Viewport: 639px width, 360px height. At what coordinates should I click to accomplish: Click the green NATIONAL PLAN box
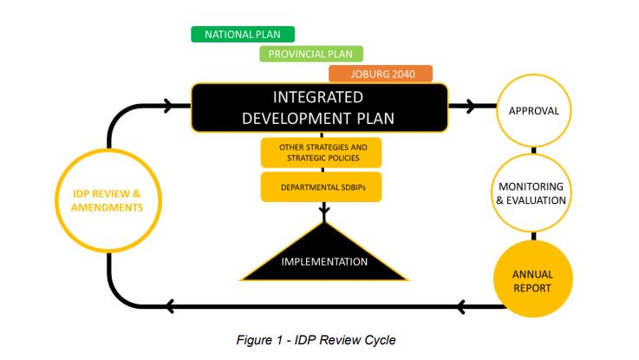coord(243,35)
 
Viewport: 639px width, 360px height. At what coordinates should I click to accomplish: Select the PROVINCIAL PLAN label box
coord(311,54)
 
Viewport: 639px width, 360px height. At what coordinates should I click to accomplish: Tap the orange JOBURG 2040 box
coord(381,74)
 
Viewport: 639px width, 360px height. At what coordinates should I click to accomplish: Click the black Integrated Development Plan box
coord(319,108)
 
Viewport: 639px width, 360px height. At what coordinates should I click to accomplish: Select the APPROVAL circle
coord(533,111)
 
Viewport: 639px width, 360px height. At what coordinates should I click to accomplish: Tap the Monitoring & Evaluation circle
coord(533,193)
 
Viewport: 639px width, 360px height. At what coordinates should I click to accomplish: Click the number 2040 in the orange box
coord(399,74)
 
